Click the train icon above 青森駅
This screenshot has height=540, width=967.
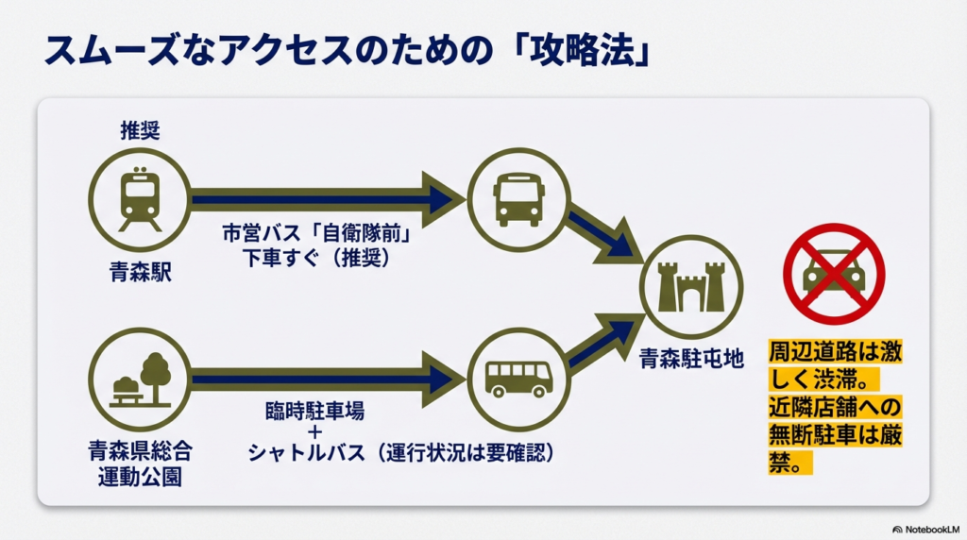[140, 199]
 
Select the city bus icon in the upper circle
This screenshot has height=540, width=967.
[518, 199]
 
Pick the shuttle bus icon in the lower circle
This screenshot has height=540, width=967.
[518, 380]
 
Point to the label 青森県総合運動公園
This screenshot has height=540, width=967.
[140, 462]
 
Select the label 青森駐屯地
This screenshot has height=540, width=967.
[692, 358]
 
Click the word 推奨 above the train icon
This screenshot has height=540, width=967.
[140, 130]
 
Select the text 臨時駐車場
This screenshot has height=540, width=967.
[314, 412]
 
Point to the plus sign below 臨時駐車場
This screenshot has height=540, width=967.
[314, 432]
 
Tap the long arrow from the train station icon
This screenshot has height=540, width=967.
[321, 199]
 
